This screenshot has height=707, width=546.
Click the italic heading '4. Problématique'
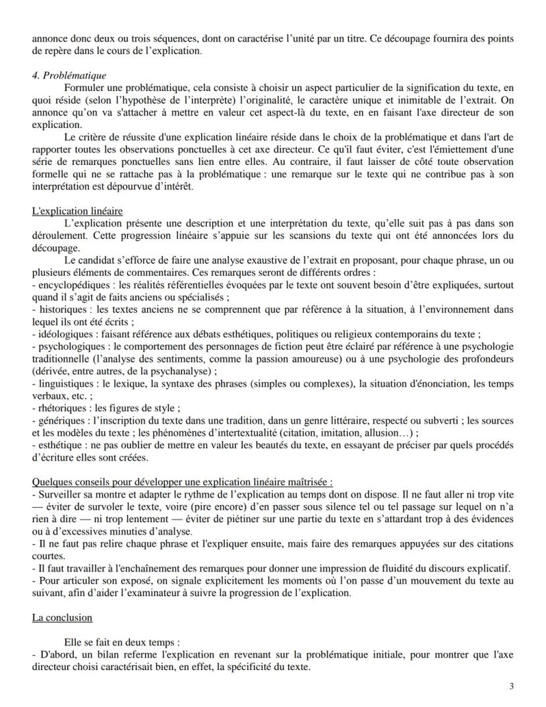click(x=69, y=76)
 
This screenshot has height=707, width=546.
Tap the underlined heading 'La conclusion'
click(x=62, y=617)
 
